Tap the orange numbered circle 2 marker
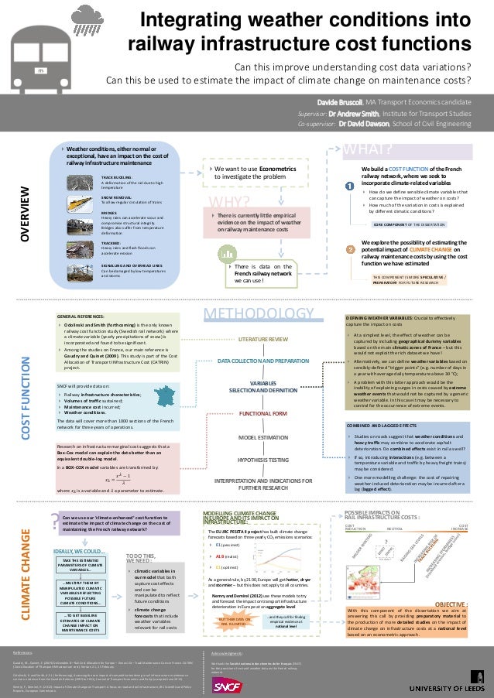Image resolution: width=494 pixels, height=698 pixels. (350, 249)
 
